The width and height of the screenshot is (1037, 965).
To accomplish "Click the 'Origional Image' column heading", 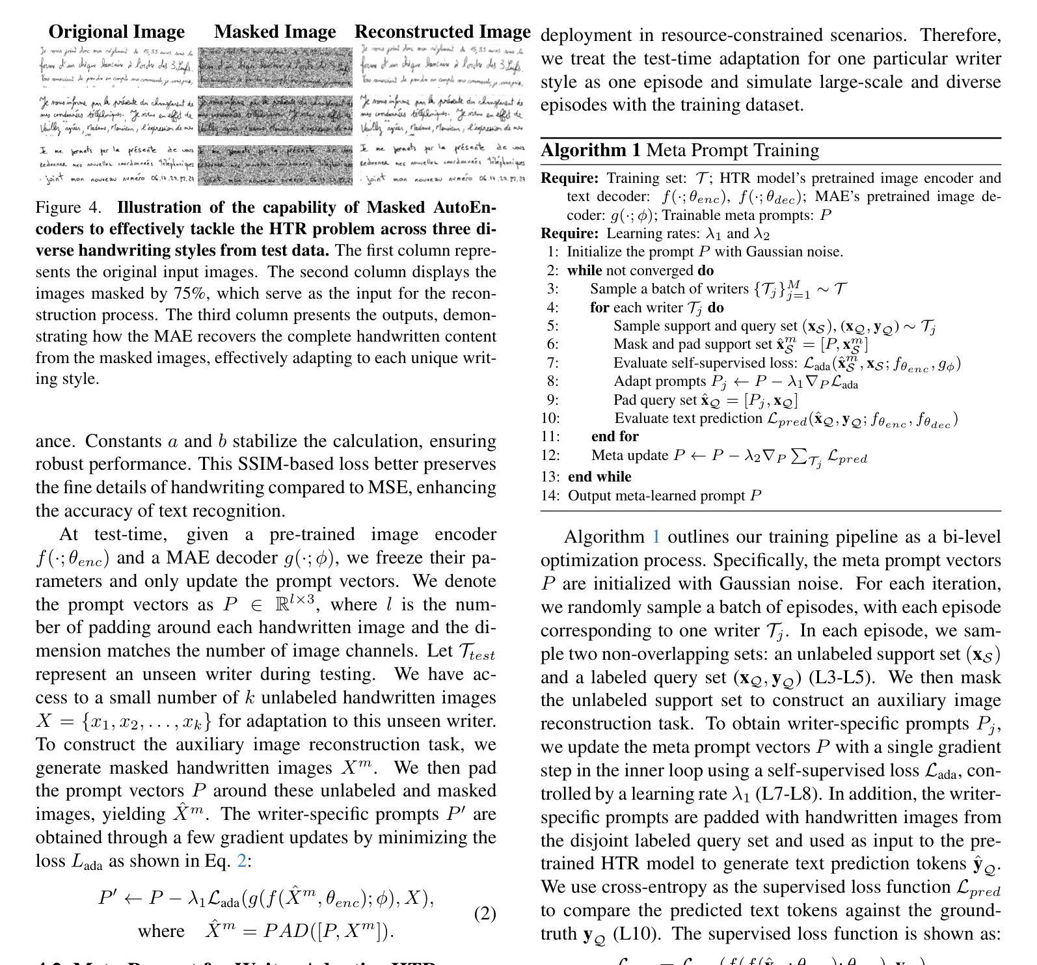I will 116,32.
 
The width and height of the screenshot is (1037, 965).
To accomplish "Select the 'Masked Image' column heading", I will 275,32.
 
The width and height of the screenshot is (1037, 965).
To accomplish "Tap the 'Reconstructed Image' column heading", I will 442,32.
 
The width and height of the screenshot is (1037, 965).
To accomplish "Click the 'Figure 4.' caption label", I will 68,208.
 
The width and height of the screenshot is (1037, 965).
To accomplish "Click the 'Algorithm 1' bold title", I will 591,150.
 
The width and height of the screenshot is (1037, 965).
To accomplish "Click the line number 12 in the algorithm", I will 550,455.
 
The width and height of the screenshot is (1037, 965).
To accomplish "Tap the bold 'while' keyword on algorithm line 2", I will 584,271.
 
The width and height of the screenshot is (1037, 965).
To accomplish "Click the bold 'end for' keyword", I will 615,436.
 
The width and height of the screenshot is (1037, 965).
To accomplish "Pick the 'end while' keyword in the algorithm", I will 599,477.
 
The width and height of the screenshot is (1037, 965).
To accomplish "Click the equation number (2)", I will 485,914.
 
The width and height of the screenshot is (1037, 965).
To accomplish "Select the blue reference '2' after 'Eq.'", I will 241,862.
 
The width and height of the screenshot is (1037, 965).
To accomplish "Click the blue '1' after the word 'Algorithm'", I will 656,537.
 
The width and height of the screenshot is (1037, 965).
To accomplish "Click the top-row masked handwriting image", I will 275,67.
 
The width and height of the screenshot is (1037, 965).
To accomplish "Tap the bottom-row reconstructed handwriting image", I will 442,165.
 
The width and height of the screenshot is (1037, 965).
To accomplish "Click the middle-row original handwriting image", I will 116,116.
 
